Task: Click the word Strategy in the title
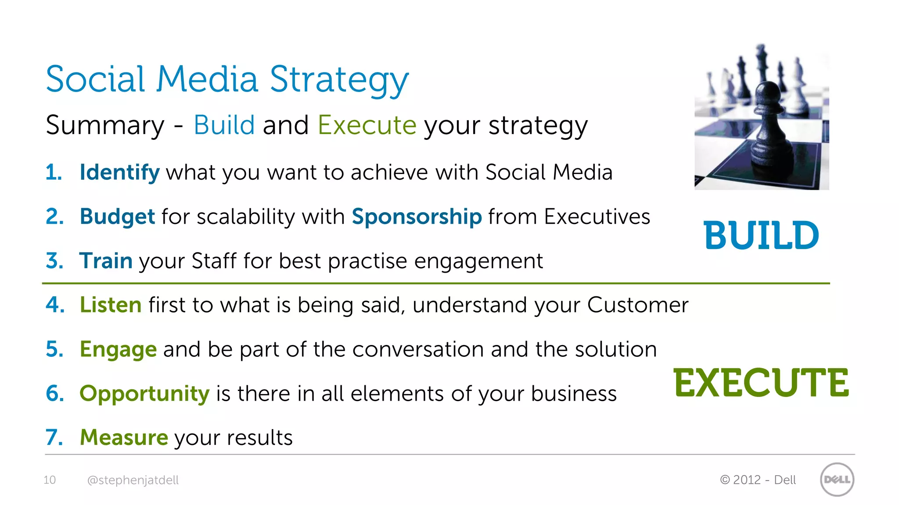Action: point(339,80)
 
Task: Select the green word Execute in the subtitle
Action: point(367,125)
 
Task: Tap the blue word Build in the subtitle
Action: point(224,125)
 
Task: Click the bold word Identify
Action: point(119,172)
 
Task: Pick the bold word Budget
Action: point(117,217)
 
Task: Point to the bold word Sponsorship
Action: point(417,217)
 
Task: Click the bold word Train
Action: point(106,261)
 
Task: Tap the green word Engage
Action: point(118,349)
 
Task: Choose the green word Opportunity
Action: point(144,394)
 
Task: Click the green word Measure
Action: point(124,437)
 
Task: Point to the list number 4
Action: point(54,305)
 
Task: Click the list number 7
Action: point(54,437)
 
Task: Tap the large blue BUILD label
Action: point(761,235)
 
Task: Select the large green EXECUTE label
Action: point(761,383)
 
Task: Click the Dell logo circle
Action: point(837,480)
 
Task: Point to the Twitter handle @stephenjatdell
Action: point(133,480)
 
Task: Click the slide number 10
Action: point(50,480)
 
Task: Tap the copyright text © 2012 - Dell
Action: point(758,480)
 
